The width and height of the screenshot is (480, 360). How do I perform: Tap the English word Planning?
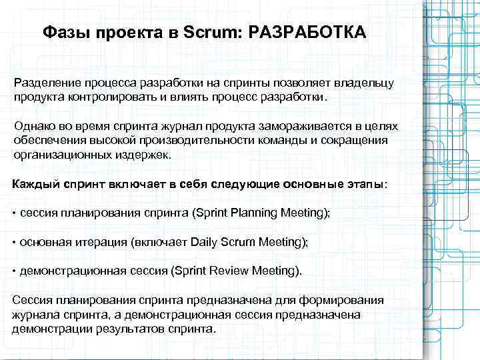tap(254, 213)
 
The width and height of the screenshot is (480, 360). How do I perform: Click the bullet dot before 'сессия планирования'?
tap(15, 213)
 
